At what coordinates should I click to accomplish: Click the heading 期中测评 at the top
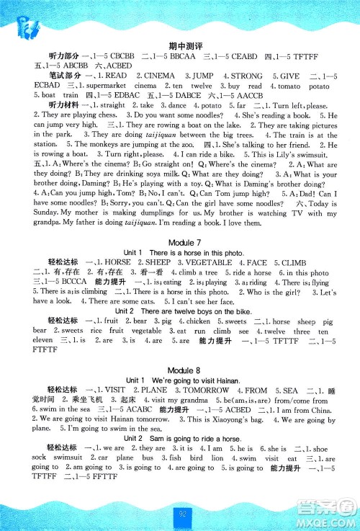180,45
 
